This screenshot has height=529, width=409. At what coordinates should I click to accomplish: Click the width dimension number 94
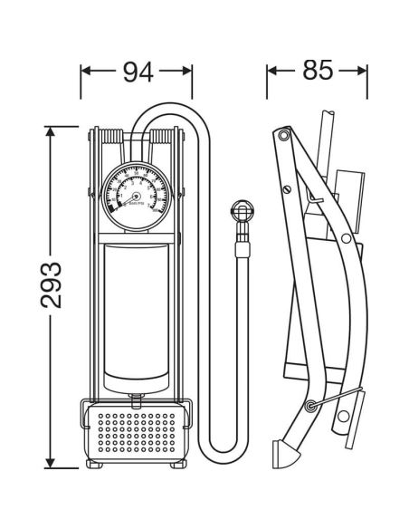(x=137, y=72)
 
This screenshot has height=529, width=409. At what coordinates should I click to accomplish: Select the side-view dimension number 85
(x=317, y=71)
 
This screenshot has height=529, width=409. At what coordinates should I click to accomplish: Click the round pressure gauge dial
(x=137, y=195)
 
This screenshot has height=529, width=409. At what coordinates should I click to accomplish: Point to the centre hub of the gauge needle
(x=137, y=195)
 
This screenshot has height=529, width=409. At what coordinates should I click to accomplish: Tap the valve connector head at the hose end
(x=242, y=214)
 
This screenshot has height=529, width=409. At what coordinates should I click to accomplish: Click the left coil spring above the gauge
(x=111, y=138)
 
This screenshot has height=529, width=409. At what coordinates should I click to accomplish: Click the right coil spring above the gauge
(x=163, y=138)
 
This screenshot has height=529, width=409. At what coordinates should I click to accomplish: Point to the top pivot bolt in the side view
(x=284, y=136)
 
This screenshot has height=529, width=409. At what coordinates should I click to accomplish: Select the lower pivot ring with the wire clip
(x=312, y=405)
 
